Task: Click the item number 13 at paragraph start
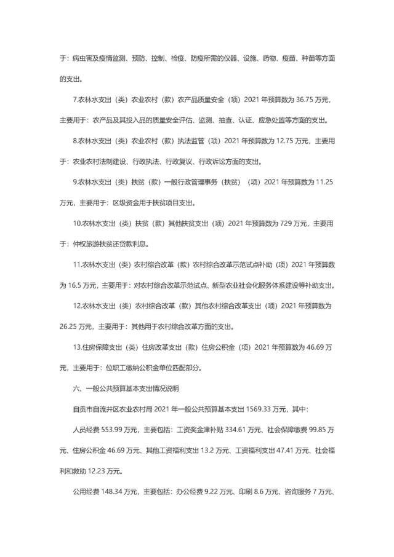tap(76, 347)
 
